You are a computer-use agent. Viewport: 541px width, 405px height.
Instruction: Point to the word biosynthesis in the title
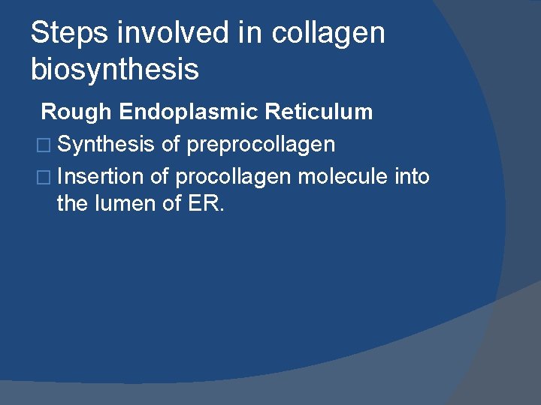(114, 70)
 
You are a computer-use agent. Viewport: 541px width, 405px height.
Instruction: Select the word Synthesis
(105, 144)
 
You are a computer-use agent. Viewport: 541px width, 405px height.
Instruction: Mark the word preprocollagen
(261, 144)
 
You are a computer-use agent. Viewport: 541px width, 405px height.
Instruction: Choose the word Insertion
(100, 177)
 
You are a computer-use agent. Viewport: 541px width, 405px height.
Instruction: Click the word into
(413, 177)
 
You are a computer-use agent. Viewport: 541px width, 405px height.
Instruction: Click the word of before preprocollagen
(171, 144)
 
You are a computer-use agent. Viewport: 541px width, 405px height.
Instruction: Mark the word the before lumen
(72, 203)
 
